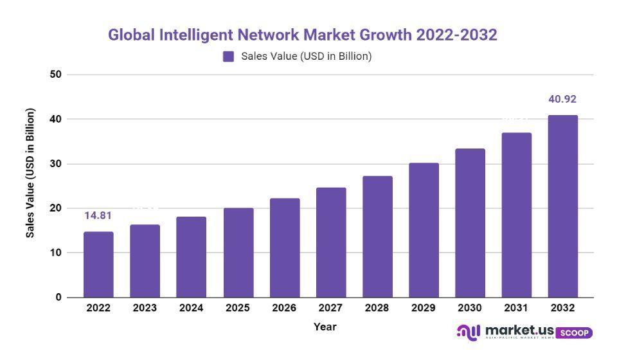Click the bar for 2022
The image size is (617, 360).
point(98,264)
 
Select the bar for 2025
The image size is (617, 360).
point(238,253)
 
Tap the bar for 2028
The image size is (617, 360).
point(377,237)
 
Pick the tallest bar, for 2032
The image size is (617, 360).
point(562,206)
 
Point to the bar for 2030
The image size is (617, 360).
point(470,222)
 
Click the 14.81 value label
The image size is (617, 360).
point(98,215)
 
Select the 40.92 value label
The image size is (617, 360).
point(562,99)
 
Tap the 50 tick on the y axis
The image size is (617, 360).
point(55,75)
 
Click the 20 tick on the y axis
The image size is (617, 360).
point(55,208)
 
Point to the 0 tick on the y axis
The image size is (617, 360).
point(58,297)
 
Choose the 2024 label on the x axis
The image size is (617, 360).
point(191,308)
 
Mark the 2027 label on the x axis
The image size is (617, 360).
point(330,308)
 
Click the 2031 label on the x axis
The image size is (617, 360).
point(516,308)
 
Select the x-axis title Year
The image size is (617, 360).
point(325,327)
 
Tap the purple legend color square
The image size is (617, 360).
point(228,57)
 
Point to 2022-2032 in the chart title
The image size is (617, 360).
point(456,35)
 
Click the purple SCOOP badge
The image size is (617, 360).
point(573,332)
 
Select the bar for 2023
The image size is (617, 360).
point(145,261)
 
